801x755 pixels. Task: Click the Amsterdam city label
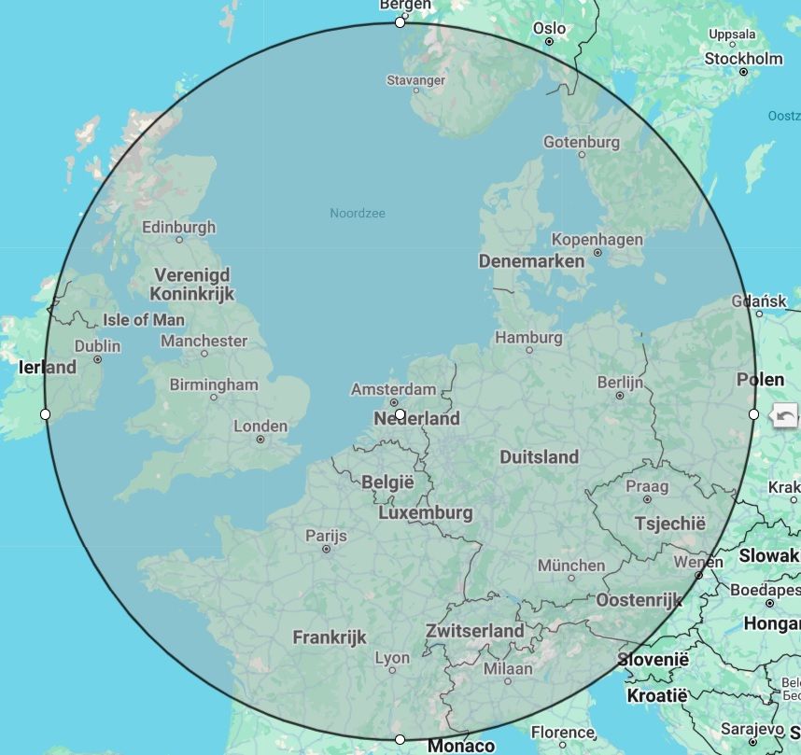coord(393,389)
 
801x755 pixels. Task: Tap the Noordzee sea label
coord(358,214)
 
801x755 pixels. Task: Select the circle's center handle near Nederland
coord(400,413)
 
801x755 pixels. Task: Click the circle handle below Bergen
coord(400,22)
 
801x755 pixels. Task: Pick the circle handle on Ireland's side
coord(46,413)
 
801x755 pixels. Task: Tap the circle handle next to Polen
coord(754,413)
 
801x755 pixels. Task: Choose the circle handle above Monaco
coord(400,739)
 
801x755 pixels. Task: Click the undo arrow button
coord(786,416)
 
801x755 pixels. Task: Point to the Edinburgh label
coord(178,227)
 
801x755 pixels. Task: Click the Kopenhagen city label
coord(597,240)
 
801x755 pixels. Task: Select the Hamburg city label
coord(528,338)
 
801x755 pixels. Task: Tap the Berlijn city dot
coord(620,396)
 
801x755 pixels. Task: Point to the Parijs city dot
coord(326,549)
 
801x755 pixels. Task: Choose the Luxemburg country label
coord(425,513)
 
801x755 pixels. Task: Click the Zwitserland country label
coord(474,631)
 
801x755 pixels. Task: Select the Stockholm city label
coord(743,59)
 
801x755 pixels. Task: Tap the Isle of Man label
coord(144,320)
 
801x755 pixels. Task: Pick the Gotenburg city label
coord(582,143)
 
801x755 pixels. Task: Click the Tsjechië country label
coord(669,524)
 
